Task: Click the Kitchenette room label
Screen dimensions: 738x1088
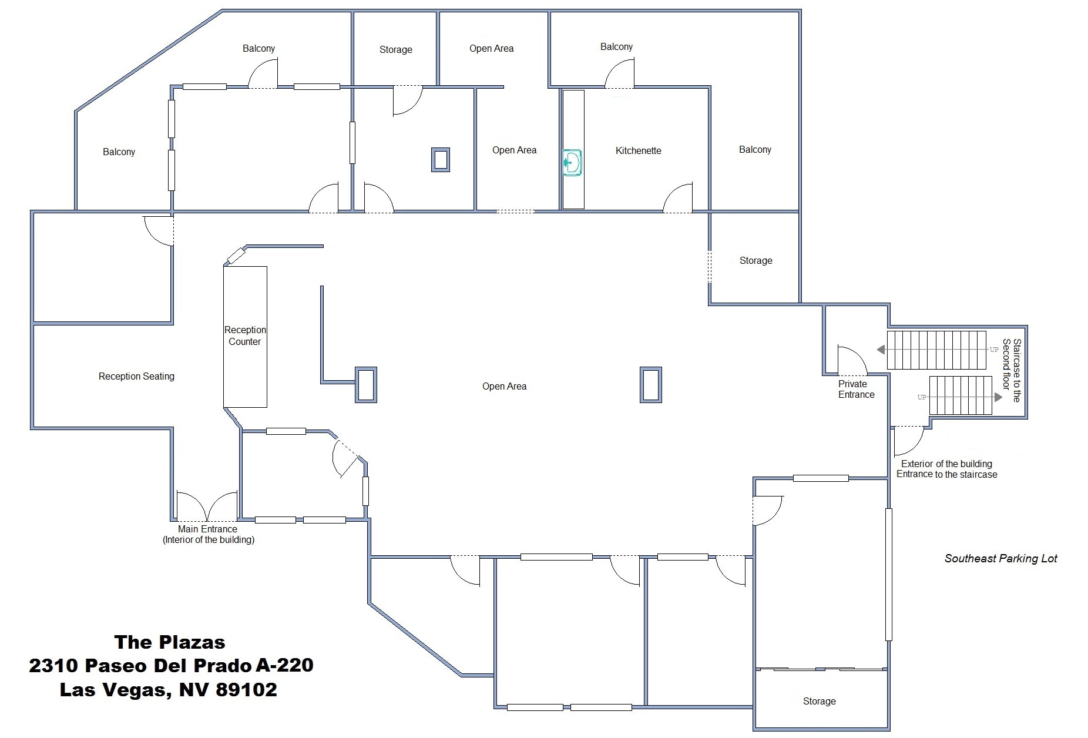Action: coord(638,151)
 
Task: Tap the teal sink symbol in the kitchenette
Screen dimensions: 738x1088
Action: coord(572,163)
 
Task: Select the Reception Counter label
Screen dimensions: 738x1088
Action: coord(245,336)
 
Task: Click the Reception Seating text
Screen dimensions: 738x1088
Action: coord(136,377)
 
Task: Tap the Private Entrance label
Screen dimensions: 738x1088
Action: coord(856,390)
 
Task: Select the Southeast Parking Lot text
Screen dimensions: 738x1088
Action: coord(1000,559)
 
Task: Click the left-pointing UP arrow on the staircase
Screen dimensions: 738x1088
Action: coord(881,350)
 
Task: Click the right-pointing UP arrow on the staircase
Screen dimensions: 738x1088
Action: coord(998,397)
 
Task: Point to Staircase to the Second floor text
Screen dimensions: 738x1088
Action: coord(1012,370)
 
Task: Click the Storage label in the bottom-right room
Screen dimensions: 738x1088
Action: coord(819,702)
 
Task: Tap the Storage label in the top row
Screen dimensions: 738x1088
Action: coord(395,50)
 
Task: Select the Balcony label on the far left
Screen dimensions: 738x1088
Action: coord(119,152)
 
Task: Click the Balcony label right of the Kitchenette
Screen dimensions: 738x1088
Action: coord(755,150)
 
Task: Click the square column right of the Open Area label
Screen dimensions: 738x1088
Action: coord(650,385)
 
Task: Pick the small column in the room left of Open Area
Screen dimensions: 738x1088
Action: coord(441,160)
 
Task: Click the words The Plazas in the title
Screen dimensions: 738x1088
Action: coord(170,642)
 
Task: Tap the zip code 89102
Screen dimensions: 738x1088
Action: coord(246,689)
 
